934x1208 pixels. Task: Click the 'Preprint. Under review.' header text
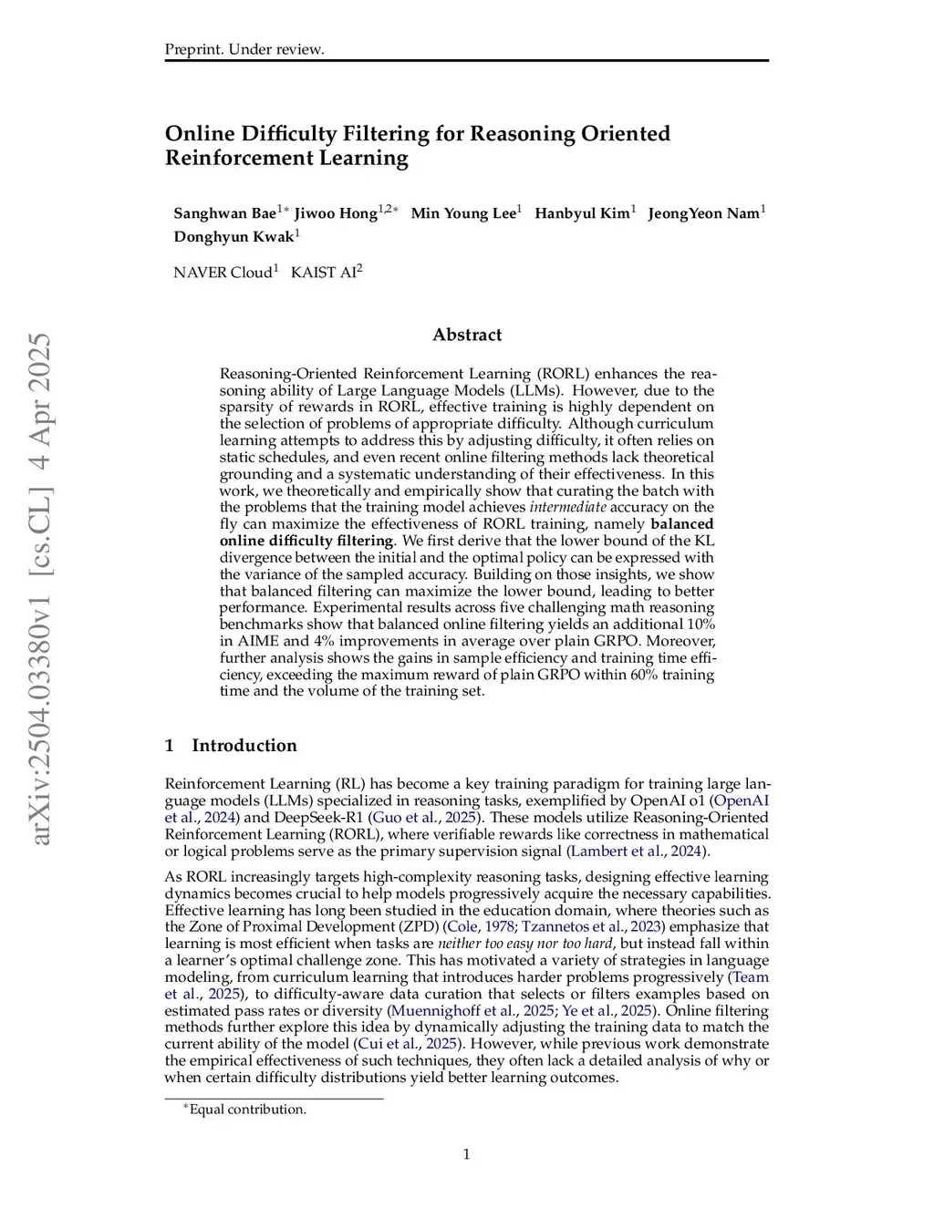(244, 49)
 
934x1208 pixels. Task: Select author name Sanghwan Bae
(224, 213)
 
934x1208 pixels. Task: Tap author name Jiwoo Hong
(335, 213)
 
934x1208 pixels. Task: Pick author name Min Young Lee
(462, 213)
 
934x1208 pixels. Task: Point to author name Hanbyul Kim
(582, 213)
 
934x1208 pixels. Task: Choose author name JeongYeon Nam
(703, 213)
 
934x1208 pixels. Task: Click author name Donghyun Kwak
(233, 237)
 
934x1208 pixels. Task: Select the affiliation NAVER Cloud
(223, 273)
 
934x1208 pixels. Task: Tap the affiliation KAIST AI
(323, 273)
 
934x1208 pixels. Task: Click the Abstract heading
(467, 335)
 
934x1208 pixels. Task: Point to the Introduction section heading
(244, 745)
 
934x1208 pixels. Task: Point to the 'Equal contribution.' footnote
(247, 1109)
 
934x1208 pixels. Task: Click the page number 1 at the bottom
(466, 1154)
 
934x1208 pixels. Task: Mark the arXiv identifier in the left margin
(41, 588)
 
